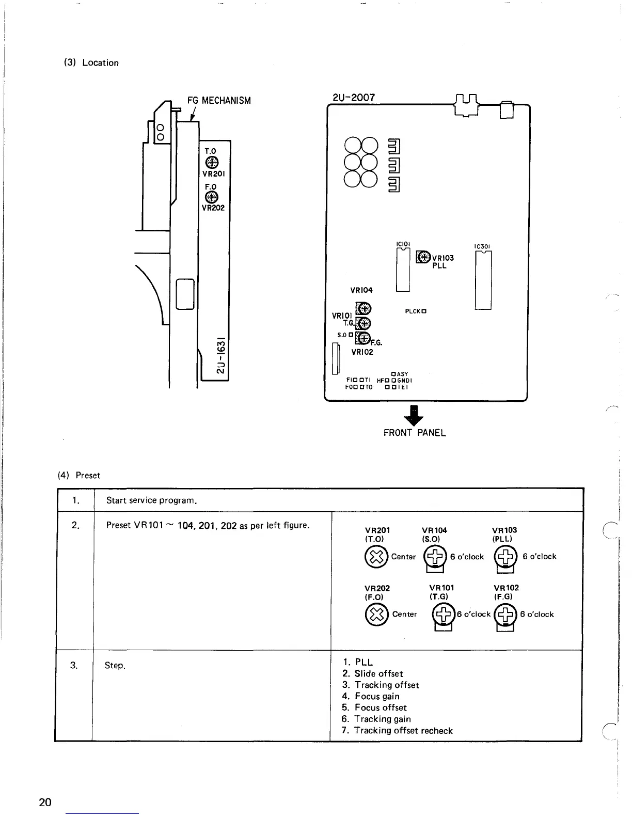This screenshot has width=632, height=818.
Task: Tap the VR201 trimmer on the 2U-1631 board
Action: coord(211,163)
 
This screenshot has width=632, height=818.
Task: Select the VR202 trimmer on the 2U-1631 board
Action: coord(211,197)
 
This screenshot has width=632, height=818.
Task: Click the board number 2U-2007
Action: coord(354,97)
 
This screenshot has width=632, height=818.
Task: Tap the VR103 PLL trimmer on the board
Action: coord(423,257)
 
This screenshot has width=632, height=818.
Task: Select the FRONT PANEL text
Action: coord(414,433)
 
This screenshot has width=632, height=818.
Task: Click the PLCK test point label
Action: coord(415,311)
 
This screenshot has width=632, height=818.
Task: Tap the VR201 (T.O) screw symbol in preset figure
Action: coord(377,557)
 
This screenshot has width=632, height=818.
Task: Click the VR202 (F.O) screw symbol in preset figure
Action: coord(377,615)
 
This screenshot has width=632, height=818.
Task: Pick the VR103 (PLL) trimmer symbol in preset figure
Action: coord(505,557)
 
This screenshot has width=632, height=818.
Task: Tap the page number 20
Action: coord(45,802)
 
